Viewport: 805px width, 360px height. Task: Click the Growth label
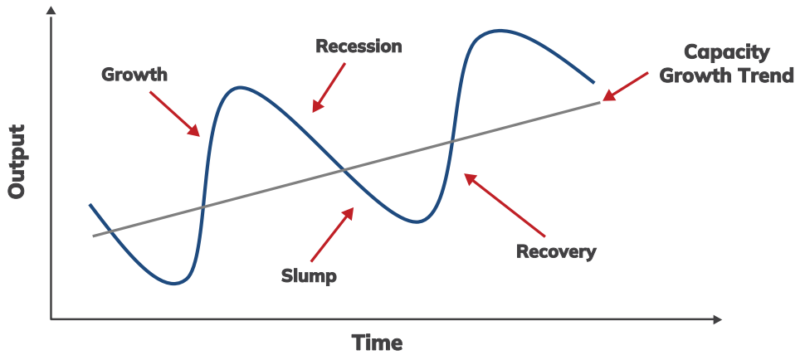click(134, 75)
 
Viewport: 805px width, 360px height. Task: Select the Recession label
click(359, 46)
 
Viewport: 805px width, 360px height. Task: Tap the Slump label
click(309, 275)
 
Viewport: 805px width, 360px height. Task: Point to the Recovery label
click(556, 251)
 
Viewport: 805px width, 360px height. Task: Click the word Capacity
click(727, 52)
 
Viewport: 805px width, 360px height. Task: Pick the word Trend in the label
click(768, 75)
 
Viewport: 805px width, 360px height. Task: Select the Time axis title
click(377, 342)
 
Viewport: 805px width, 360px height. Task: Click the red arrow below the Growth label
click(175, 113)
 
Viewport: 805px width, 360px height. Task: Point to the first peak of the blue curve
click(240, 86)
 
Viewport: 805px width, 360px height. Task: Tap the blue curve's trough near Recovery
click(419, 221)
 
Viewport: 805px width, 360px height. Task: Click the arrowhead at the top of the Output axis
click(51, 10)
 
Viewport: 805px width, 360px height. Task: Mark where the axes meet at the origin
click(51, 319)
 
